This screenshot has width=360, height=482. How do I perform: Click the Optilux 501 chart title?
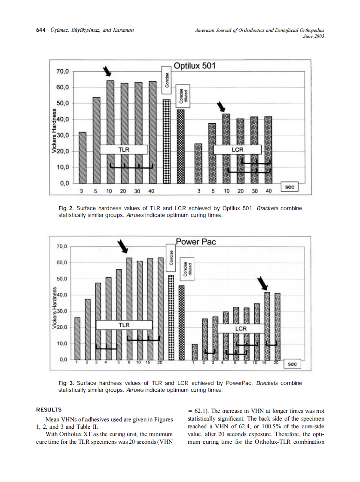point(194,66)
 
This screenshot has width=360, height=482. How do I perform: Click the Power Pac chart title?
point(196,242)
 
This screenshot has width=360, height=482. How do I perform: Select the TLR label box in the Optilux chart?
point(124,149)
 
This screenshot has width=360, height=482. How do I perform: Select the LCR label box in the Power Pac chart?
point(241,329)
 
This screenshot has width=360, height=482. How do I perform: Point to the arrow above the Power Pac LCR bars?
point(262,284)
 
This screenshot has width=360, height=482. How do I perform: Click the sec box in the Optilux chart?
point(290,187)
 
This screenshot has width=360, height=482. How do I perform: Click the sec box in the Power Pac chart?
point(292,364)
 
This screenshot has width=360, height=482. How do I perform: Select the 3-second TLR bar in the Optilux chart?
point(82,157)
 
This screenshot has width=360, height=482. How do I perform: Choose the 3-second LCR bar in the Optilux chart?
point(198,163)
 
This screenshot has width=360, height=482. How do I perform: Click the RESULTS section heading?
point(49,409)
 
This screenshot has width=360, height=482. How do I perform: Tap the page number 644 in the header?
point(41,30)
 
